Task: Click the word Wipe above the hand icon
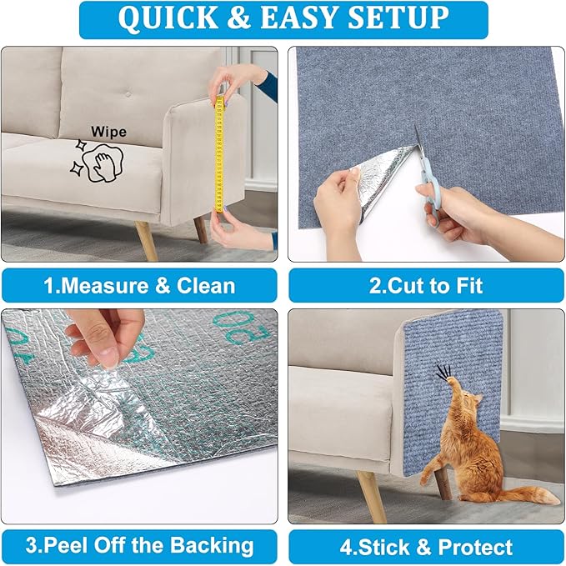click(108, 132)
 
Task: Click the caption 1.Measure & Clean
click(139, 286)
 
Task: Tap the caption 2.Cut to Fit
click(425, 286)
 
